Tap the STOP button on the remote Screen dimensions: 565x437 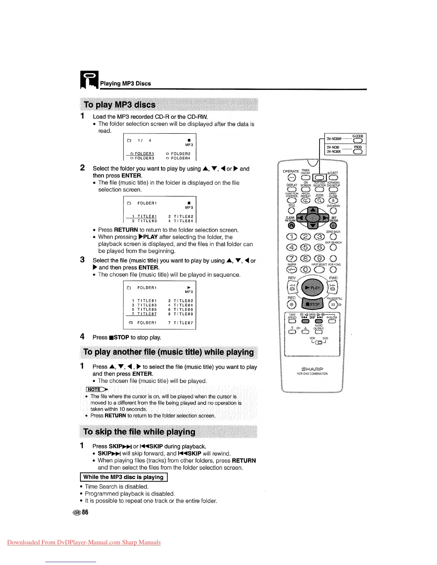[x=312, y=304]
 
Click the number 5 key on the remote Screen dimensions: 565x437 [x=305, y=247]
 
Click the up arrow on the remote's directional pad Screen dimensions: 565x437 [x=313, y=210]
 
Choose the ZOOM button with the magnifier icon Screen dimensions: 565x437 [x=320, y=201]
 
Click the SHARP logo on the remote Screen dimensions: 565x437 [x=312, y=368]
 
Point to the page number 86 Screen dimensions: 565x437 [x=85, y=512]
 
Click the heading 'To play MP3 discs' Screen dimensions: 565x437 [x=120, y=105]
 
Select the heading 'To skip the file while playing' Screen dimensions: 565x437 [x=139, y=432]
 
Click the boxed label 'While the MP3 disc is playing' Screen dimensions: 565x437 [x=123, y=477]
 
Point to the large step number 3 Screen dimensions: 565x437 [x=82, y=260]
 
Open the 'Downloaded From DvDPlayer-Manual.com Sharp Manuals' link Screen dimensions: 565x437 [x=84, y=543]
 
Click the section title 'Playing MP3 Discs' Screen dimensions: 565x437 [x=125, y=83]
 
